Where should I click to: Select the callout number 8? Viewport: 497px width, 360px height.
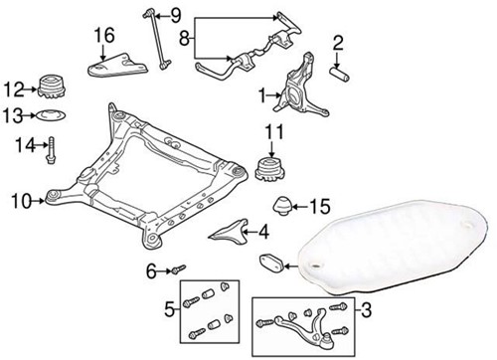182,39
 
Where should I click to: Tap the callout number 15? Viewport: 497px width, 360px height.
319,207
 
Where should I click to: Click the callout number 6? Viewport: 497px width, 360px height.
152,269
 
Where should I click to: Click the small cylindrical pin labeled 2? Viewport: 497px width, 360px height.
340,76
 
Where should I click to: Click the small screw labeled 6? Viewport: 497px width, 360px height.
179,270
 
